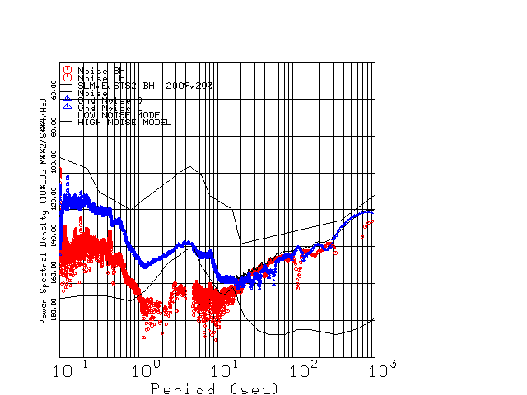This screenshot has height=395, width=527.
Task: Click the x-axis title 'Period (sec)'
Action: pos(213,388)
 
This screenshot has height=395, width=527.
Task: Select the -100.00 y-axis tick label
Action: pos(54,163)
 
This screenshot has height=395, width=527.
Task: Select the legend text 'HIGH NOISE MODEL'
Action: pos(124,123)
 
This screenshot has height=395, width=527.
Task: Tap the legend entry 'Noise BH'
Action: pos(100,70)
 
